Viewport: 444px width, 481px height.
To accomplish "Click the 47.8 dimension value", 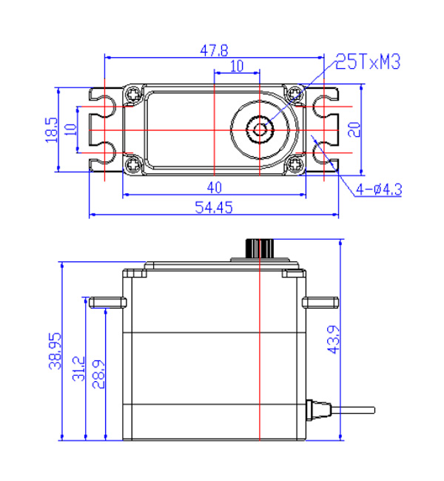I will (x=214, y=50).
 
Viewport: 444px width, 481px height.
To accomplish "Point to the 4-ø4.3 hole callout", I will (x=378, y=189).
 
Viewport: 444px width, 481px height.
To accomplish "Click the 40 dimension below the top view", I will (x=214, y=186).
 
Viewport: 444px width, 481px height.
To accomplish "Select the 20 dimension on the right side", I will (x=354, y=129).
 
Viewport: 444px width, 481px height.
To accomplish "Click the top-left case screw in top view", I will (x=133, y=95).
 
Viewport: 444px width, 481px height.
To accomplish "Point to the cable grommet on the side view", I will (x=317, y=409).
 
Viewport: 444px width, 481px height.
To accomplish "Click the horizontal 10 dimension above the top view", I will (x=237, y=66).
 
